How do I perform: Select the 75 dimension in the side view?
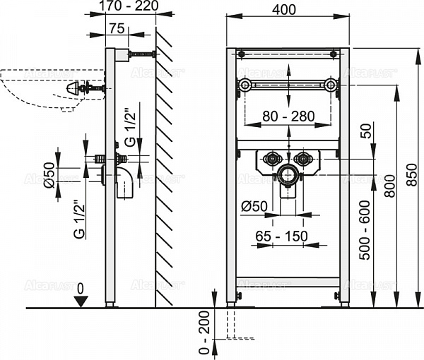point(117,28)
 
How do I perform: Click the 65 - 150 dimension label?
point(282,236)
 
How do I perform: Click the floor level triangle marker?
point(82,301)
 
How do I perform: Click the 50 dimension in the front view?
point(365,131)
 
